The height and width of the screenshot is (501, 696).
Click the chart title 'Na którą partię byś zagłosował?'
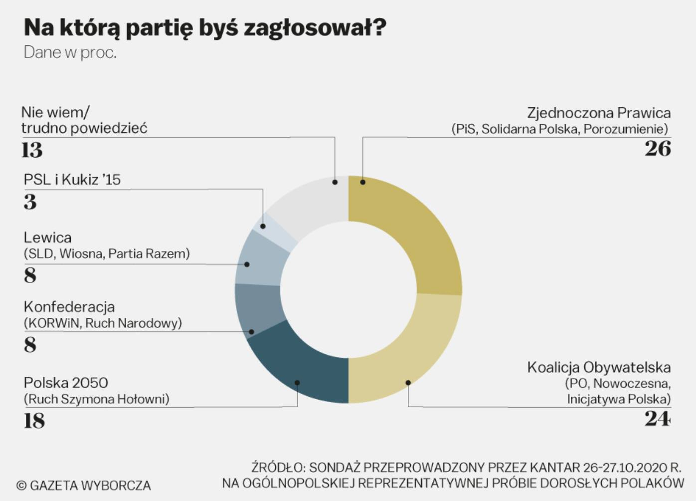click(x=205, y=28)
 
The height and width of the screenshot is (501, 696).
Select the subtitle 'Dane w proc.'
click(x=70, y=52)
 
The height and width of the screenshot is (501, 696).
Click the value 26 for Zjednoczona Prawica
click(x=658, y=149)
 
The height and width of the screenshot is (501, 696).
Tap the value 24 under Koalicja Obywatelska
click(x=657, y=419)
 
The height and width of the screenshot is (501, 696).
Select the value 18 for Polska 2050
click(x=34, y=421)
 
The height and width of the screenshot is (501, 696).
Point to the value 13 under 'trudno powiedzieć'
click(x=32, y=150)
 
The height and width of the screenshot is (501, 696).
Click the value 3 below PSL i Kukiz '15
click(x=30, y=202)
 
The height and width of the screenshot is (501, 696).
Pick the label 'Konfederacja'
click(x=69, y=306)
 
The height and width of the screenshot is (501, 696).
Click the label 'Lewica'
click(x=47, y=238)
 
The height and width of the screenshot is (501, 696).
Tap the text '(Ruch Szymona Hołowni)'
click(x=97, y=399)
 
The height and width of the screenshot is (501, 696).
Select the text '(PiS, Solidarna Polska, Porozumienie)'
click(x=559, y=129)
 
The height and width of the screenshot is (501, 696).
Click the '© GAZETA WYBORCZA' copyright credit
click(x=83, y=485)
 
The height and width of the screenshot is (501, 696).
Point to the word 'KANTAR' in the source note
click(x=554, y=468)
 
